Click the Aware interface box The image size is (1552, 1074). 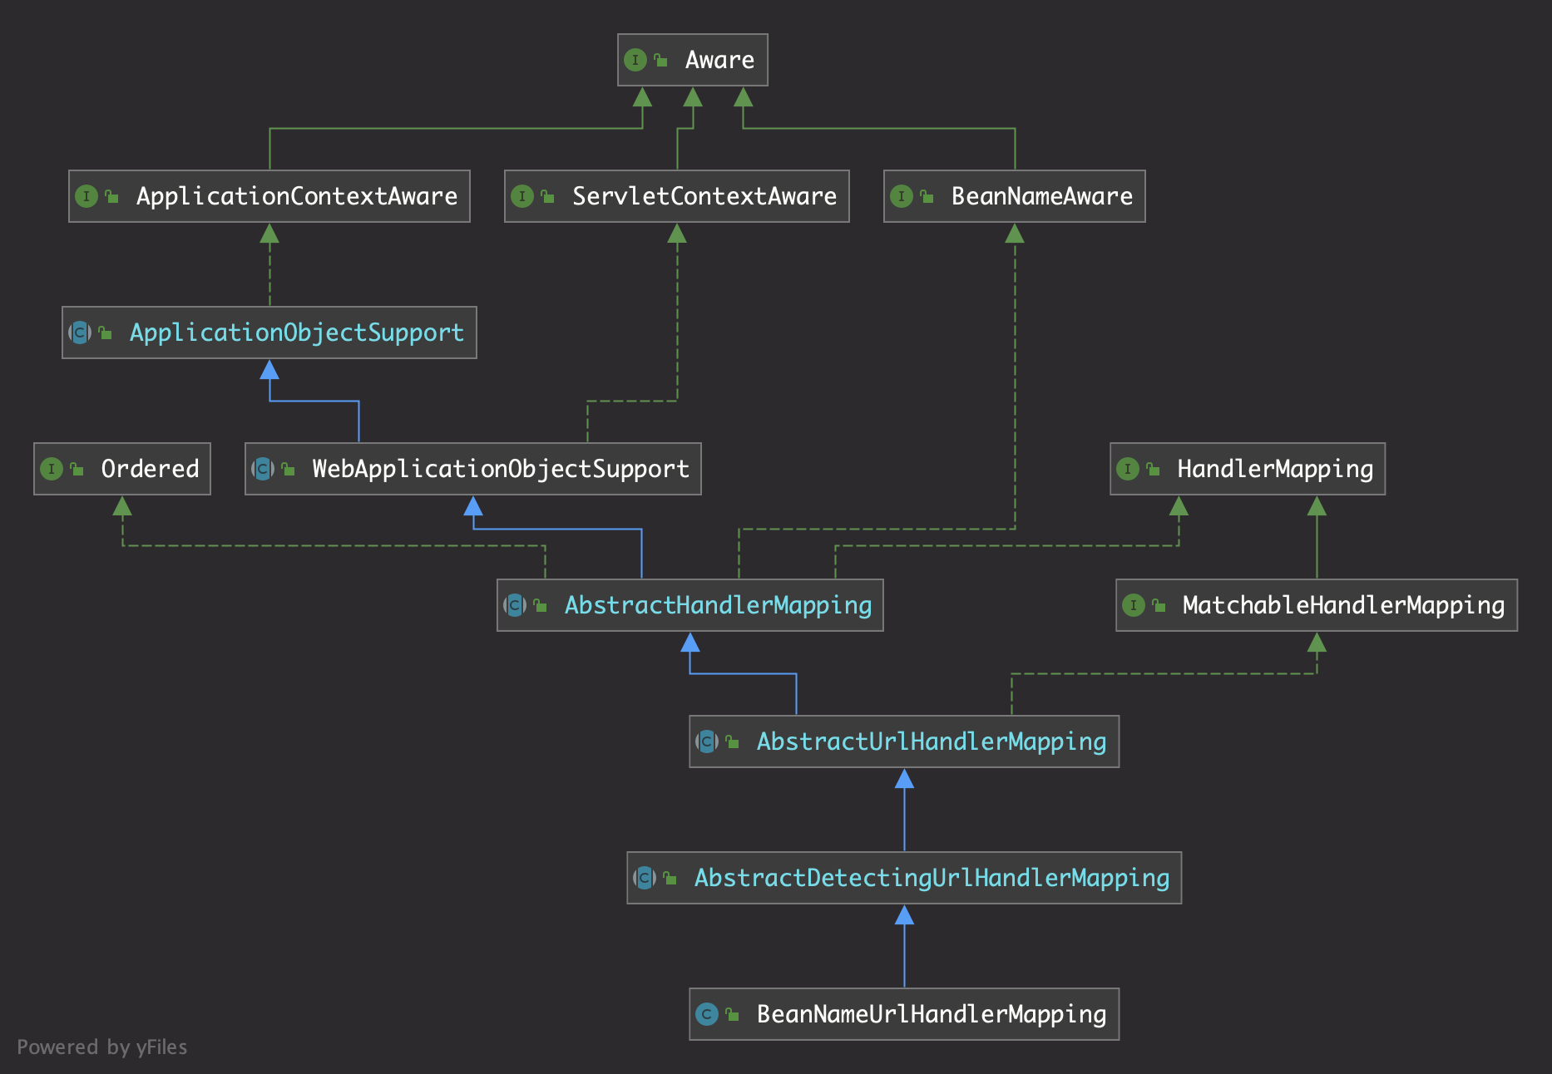pyautogui.click(x=692, y=60)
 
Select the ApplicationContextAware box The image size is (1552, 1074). pyautogui.click(x=269, y=196)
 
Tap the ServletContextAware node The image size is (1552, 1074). pyautogui.click(x=676, y=196)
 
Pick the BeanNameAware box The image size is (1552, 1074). pyautogui.click(x=1014, y=196)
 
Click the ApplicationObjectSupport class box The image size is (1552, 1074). pyautogui.click(x=269, y=333)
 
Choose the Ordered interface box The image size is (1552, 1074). pyautogui.click(x=121, y=469)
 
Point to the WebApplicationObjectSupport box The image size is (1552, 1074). pyautogui.click(x=472, y=469)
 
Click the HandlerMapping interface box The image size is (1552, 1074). pyautogui.click(x=1247, y=469)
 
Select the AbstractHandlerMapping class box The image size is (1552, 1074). pyautogui.click(x=690, y=605)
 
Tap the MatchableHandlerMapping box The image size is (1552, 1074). pyautogui.click(x=1316, y=605)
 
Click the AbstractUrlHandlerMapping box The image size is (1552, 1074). pyautogui.click(x=903, y=741)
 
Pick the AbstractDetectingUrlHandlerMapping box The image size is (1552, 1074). pyautogui.click(x=903, y=878)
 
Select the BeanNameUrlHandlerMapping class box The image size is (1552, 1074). pyautogui.click(x=903, y=1014)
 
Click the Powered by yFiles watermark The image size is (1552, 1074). pyautogui.click(x=101, y=1047)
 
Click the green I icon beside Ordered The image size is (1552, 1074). pyautogui.click(x=52, y=469)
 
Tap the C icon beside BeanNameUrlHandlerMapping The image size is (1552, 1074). pyautogui.click(x=707, y=1014)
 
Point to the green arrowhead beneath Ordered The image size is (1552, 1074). pyautogui.click(x=122, y=505)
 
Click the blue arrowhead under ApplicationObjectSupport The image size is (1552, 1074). pyautogui.click(x=269, y=369)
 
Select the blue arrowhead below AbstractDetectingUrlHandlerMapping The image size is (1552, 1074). pyautogui.click(x=904, y=914)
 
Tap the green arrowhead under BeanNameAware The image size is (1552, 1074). pyautogui.click(x=1015, y=233)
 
